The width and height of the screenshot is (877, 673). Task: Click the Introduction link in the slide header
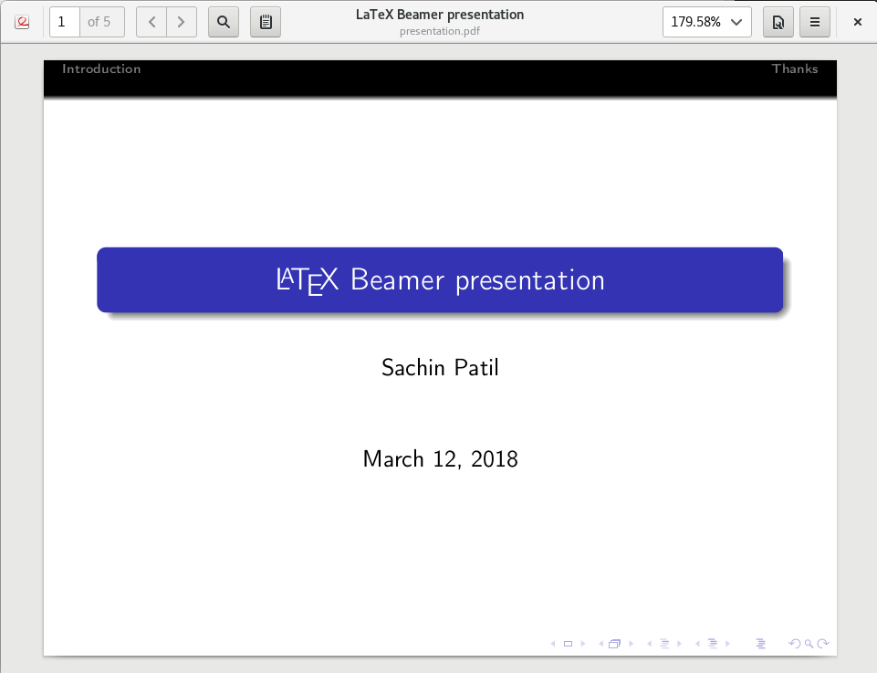(x=101, y=69)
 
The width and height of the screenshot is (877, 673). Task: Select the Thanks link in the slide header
(x=795, y=69)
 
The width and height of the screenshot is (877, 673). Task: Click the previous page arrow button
(x=151, y=22)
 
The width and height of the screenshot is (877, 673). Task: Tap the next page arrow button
(x=182, y=22)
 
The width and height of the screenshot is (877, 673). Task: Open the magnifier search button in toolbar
(x=223, y=22)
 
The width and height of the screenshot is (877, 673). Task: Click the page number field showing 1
(x=65, y=22)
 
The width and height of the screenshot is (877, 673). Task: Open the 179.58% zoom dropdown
(x=707, y=22)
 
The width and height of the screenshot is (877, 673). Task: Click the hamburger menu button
(x=815, y=22)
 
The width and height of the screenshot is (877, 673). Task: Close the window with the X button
(x=858, y=22)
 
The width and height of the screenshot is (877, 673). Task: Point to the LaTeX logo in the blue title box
(x=308, y=280)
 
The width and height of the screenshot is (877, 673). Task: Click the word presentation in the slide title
(x=529, y=280)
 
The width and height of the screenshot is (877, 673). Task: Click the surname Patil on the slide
(x=476, y=367)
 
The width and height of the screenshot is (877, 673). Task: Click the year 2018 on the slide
(x=495, y=458)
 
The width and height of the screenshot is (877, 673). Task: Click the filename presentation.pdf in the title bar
(x=440, y=31)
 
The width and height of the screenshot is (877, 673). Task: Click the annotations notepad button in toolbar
(x=266, y=22)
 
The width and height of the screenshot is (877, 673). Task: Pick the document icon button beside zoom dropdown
(x=778, y=22)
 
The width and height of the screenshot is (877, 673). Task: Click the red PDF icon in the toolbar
(x=22, y=22)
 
